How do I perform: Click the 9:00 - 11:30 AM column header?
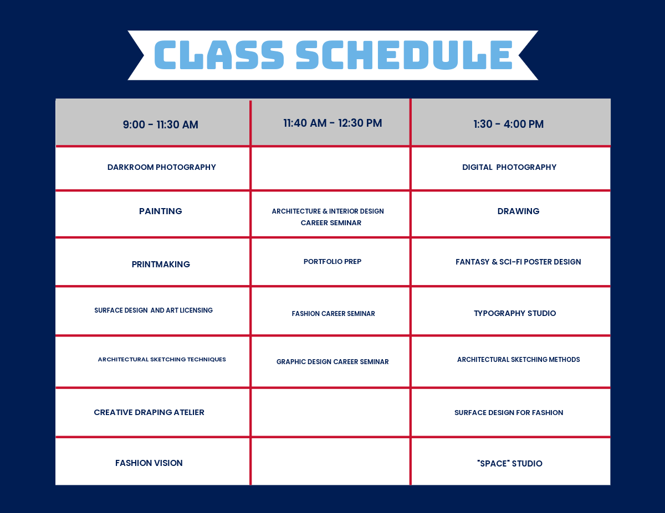pos(160,125)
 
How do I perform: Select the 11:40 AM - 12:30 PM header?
pos(332,123)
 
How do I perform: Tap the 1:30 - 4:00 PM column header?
pos(508,124)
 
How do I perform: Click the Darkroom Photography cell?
pos(161,167)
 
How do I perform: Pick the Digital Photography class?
pos(509,167)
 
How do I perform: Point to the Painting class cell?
pos(160,211)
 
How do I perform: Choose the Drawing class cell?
pos(518,211)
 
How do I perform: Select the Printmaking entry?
pos(161,264)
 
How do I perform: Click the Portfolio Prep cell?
pos(332,261)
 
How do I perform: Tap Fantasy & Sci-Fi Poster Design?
pos(518,262)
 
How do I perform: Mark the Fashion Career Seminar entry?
pos(333,313)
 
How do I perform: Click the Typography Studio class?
pos(514,313)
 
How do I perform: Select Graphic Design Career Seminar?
pos(332,361)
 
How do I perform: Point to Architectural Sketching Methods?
pos(518,359)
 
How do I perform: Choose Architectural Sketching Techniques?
pos(162,359)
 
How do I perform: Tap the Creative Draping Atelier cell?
pos(149,412)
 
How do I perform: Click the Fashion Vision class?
pos(149,463)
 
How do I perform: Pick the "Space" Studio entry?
pos(509,463)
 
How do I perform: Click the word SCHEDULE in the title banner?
pos(404,55)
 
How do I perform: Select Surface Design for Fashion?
pos(509,412)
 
